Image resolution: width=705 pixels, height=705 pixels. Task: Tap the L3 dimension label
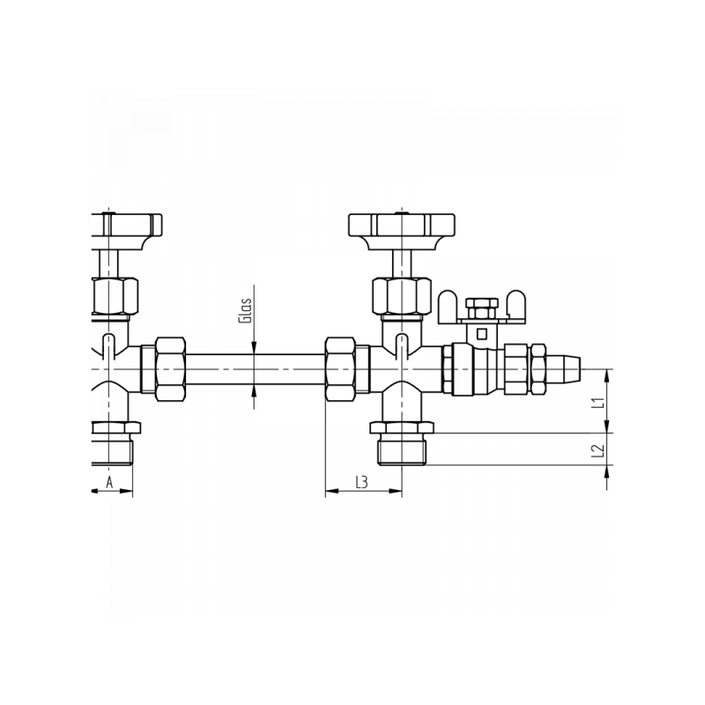[x=362, y=482]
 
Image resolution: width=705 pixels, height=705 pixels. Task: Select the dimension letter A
[x=109, y=482]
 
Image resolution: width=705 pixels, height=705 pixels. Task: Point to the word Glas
[x=245, y=310]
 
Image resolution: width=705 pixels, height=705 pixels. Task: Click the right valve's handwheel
[x=402, y=231]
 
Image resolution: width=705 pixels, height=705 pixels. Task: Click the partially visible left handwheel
[x=126, y=231]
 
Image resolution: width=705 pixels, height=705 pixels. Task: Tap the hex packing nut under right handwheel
[x=402, y=296]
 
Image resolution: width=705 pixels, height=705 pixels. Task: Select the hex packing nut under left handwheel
[x=115, y=296]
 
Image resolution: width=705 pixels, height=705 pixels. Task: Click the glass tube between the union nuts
[x=256, y=369]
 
